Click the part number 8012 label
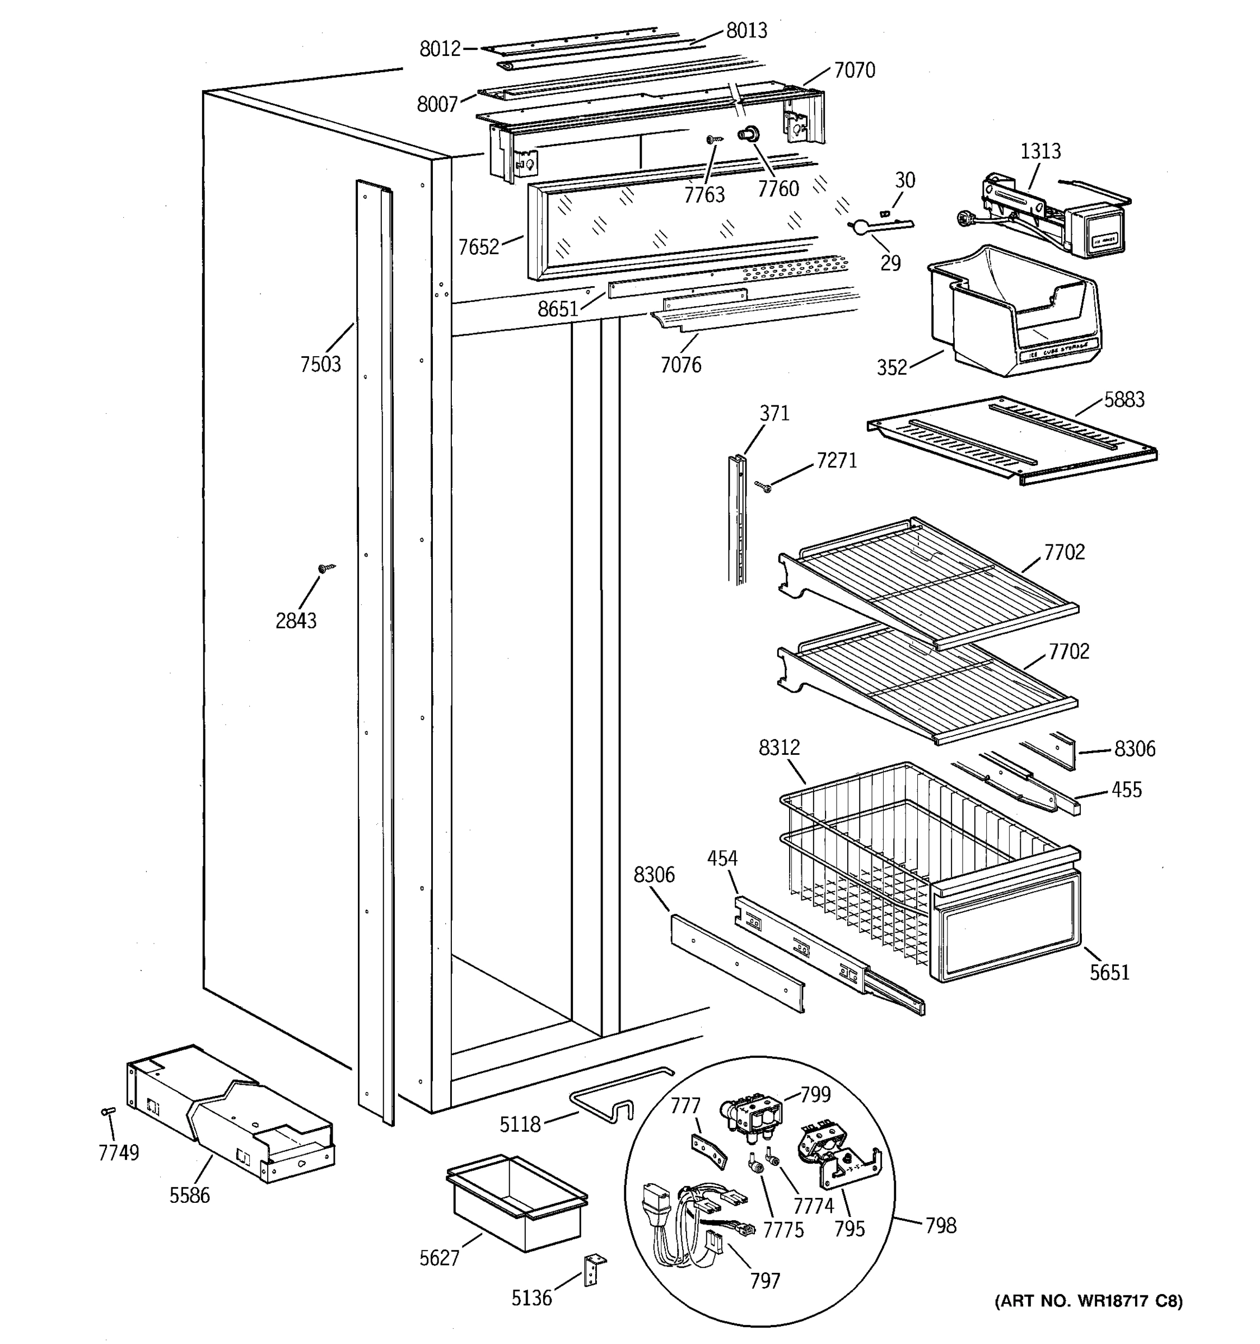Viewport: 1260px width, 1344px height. (x=440, y=49)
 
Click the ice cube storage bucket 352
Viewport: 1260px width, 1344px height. (x=1014, y=314)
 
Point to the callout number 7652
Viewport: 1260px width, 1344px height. (x=478, y=248)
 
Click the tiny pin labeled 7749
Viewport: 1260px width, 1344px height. (x=107, y=1112)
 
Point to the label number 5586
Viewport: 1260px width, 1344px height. (x=189, y=1195)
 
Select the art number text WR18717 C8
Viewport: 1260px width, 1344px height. (x=1088, y=1301)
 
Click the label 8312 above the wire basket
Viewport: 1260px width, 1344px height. (x=779, y=747)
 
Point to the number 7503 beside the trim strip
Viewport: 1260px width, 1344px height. (x=320, y=365)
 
